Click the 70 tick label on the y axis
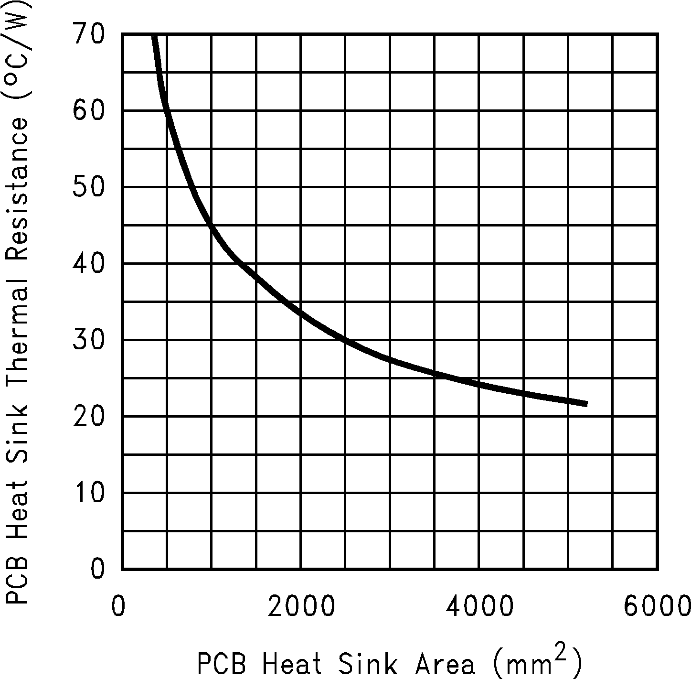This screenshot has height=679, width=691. coord(88,35)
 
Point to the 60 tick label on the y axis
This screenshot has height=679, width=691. coord(88,111)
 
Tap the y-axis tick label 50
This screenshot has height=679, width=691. coord(88,187)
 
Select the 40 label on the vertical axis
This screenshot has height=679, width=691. coord(88,264)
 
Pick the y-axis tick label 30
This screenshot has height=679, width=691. coord(88,340)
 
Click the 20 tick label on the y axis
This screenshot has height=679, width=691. coord(88,417)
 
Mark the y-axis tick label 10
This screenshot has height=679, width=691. coord(88,493)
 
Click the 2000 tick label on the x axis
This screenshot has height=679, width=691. coord(301,606)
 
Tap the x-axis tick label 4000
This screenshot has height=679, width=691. coord(479,606)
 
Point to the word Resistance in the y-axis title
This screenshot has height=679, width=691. coord(17,189)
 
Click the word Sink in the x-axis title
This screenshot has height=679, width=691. coord(368,664)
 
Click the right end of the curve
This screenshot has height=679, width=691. coord(586,404)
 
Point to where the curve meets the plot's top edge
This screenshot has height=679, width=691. coord(154,36)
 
